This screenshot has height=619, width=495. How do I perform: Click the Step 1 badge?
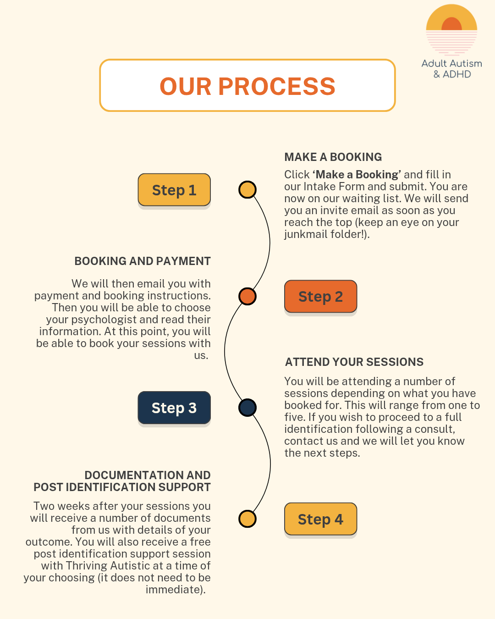click(x=174, y=190)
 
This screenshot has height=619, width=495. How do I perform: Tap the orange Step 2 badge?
click(x=320, y=297)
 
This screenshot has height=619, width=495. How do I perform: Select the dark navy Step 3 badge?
click(x=174, y=408)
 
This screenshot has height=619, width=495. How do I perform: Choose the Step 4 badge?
click(x=320, y=519)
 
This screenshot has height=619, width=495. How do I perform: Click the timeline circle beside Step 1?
click(x=247, y=190)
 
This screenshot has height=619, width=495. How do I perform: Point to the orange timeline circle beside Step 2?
click(x=247, y=296)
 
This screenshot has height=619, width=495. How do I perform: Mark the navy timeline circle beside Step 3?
click(x=247, y=408)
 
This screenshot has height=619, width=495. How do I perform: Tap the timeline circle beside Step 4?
click(x=247, y=519)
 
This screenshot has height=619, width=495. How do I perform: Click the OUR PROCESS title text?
click(x=247, y=86)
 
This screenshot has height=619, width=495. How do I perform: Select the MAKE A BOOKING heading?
click(x=333, y=157)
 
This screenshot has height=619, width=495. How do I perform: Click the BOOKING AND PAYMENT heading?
click(x=143, y=261)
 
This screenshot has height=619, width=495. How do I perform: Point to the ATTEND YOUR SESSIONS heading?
click(x=354, y=362)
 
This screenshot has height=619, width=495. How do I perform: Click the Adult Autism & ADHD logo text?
click(x=451, y=69)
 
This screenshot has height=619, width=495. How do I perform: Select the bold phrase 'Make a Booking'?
click(x=357, y=175)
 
